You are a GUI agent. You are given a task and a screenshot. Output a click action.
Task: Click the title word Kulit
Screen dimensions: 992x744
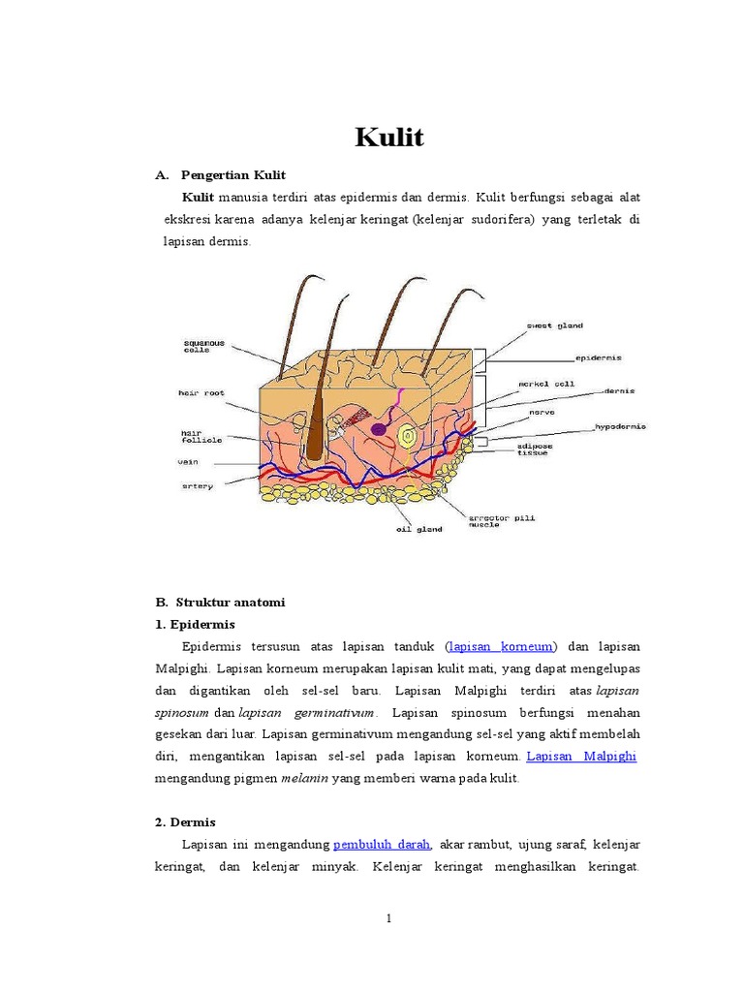(x=389, y=138)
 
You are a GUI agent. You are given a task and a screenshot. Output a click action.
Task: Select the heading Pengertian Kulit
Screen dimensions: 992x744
(x=231, y=175)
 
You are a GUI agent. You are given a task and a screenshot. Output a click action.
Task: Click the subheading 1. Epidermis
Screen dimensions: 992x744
(x=195, y=624)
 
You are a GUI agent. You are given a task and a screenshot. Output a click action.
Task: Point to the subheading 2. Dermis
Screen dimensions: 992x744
(x=185, y=821)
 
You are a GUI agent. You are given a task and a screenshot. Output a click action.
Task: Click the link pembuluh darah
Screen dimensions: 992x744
(x=382, y=844)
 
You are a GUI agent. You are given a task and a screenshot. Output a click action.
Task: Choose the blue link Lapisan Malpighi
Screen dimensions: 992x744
(x=581, y=756)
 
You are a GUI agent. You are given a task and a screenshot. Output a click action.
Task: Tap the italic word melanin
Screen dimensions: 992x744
(x=305, y=778)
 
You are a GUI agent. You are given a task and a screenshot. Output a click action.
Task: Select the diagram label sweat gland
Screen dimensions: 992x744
(x=554, y=325)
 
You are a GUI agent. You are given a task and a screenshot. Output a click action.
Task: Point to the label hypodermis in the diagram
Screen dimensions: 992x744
(x=620, y=426)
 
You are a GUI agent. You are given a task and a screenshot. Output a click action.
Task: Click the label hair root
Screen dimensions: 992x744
(x=201, y=393)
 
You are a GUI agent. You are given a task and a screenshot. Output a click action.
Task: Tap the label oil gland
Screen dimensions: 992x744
(x=418, y=529)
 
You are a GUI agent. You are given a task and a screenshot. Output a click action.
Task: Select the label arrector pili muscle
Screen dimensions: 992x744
(x=501, y=522)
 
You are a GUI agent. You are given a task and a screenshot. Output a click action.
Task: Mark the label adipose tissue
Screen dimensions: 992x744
(x=535, y=449)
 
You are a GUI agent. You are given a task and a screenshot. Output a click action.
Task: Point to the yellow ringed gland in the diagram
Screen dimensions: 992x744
(x=410, y=437)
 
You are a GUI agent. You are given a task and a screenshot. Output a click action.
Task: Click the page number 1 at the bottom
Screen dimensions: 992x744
(x=387, y=918)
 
